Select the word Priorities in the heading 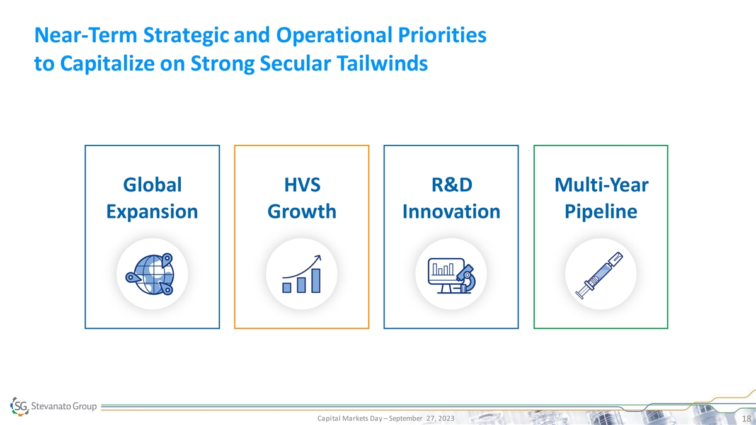[442, 35]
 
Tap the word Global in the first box [152, 185]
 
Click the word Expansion [152, 212]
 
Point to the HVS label [302, 185]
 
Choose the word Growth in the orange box [302, 212]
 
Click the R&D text [452, 185]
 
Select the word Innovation [451, 212]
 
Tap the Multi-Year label [602, 185]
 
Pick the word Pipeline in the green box [601, 212]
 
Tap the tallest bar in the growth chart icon [316, 281]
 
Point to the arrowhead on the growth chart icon [318, 258]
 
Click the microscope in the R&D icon [466, 278]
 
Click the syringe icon [599, 275]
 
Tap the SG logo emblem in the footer [20, 406]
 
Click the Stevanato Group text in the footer [64, 406]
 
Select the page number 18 [746, 419]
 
